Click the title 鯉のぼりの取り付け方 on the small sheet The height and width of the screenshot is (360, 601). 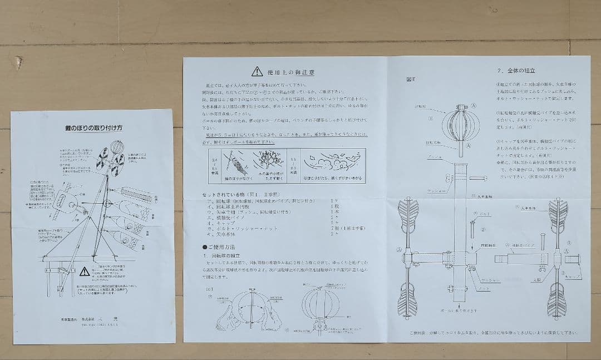pos(94,128)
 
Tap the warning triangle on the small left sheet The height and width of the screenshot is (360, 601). pos(84,272)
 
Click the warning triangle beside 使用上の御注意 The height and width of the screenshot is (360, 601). pos(257,71)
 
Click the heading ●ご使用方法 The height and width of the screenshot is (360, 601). pos(220,246)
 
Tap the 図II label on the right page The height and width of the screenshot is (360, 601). pos(411,79)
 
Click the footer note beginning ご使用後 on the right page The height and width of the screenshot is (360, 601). pos(492,333)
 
